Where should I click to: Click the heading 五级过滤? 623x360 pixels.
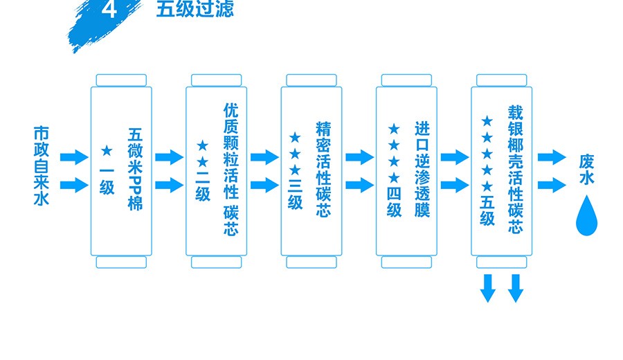pyautogui.click(x=195, y=9)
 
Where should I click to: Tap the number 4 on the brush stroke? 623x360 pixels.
pyautogui.click(x=109, y=10)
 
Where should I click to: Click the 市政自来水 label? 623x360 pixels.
pyautogui.click(x=42, y=166)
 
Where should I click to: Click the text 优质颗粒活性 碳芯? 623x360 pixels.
pyautogui.click(x=231, y=170)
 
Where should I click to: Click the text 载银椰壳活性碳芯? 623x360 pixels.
pyautogui.click(x=515, y=170)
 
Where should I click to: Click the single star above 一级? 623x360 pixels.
pyautogui.click(x=107, y=150)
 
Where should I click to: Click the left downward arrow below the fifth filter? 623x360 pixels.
pyautogui.click(x=489, y=287)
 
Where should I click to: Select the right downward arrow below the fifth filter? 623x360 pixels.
pyautogui.click(x=515, y=287)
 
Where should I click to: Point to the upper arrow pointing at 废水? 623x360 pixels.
pyautogui.click(x=552, y=157)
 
